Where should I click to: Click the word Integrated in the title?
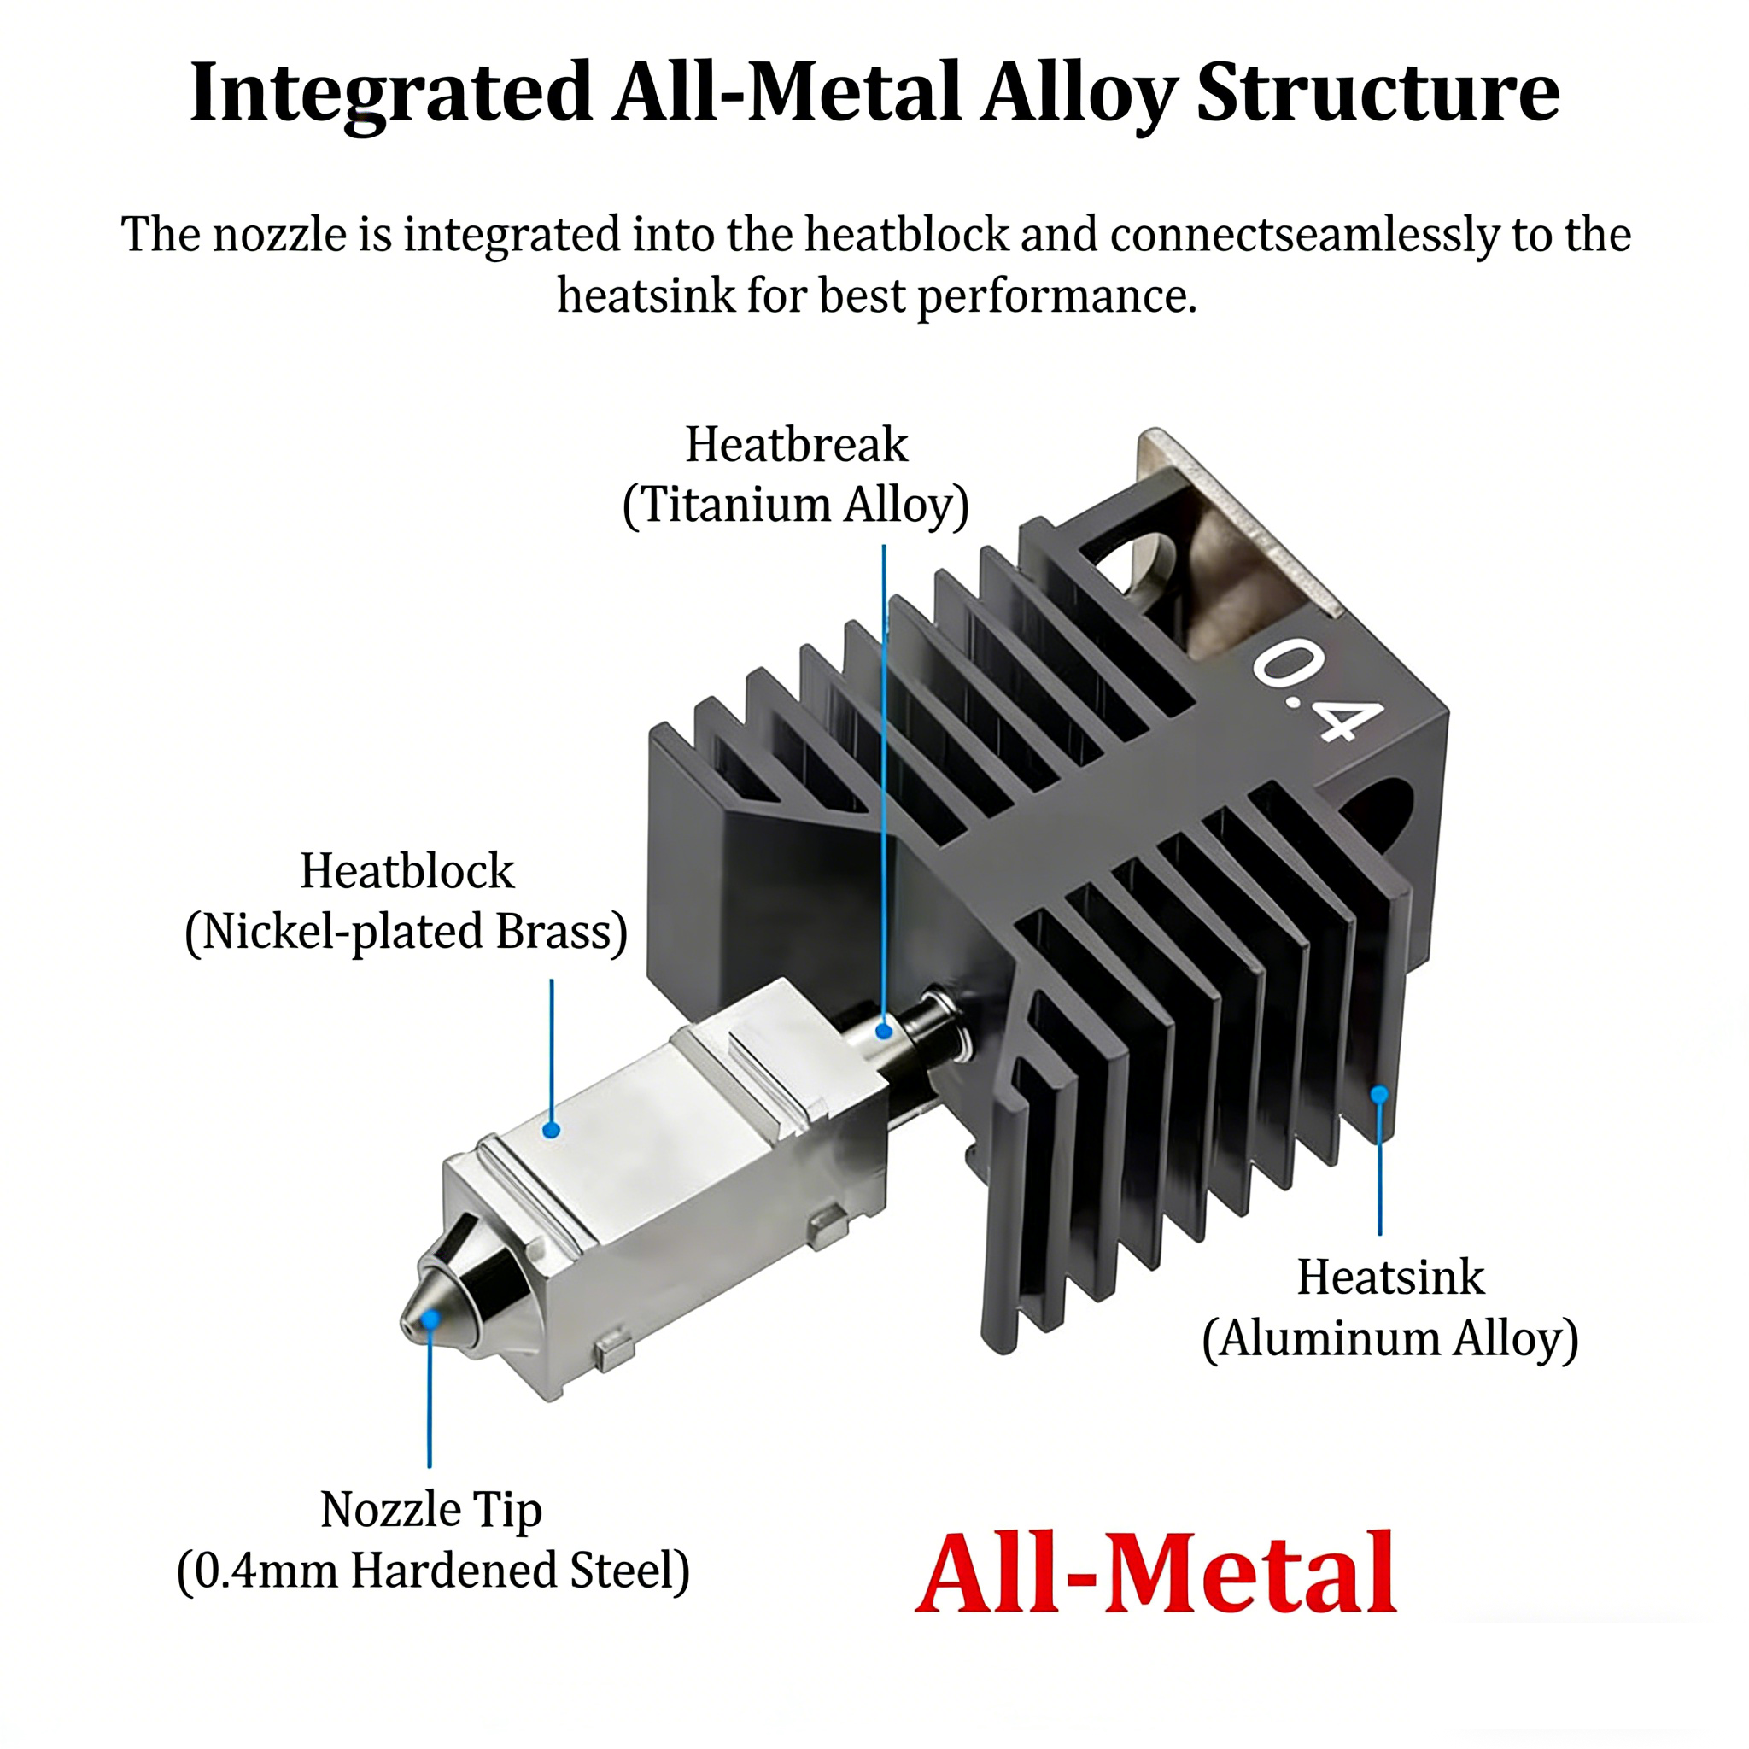pos(391,93)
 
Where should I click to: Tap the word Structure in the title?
pos(1377,93)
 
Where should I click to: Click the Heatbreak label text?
pos(796,444)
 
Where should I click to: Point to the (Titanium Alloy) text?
pos(796,506)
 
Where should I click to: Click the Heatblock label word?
pos(407,871)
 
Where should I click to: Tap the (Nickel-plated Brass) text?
pos(407,933)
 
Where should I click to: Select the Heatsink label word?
pos(1390,1278)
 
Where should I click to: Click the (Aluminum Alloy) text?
pos(1390,1339)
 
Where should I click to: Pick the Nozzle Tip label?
pos(431,1510)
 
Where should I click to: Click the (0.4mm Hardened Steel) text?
pos(433,1571)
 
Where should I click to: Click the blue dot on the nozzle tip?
pos(431,1318)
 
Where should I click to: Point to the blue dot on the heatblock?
pos(552,1130)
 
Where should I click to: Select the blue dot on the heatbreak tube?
pos(885,1030)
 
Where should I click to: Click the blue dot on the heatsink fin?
pos(1378,1095)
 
